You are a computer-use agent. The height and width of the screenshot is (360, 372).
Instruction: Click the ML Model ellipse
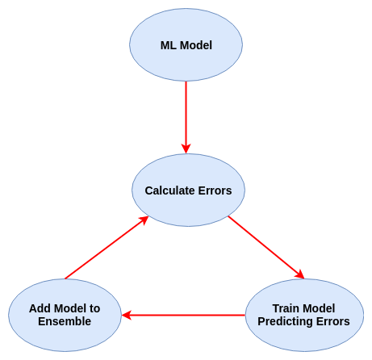[186, 24]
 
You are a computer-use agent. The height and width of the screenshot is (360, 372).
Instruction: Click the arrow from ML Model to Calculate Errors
[186, 113]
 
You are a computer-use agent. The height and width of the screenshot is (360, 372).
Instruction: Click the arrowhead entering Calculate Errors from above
[186, 149]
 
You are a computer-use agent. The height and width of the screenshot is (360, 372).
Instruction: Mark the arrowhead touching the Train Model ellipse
[300, 275]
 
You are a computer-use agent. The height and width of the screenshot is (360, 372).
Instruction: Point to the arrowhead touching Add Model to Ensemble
[127, 315]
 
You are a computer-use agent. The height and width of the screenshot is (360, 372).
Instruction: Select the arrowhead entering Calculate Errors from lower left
[144, 220]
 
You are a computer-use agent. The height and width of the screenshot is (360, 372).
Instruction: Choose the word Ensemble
[65, 321]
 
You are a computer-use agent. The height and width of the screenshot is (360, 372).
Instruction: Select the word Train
[287, 308]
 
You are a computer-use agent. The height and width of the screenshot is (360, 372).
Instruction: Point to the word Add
[40, 308]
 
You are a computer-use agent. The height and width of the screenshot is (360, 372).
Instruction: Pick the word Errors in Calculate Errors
[215, 190]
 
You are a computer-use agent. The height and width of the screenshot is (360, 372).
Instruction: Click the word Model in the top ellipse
[197, 45]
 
